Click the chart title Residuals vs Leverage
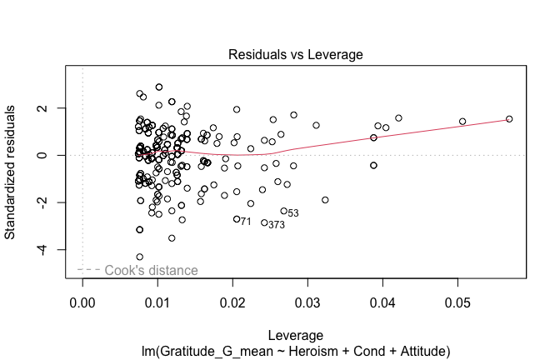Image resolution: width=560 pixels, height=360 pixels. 296,55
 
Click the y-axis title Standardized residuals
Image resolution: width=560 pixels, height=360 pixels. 11,172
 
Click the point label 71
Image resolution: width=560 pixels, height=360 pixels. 246,222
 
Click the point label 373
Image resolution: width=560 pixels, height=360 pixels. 277,225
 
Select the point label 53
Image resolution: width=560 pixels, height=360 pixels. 293,213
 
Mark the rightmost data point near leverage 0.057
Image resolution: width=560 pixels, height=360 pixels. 509,119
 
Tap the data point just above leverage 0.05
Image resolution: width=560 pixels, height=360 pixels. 462,122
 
